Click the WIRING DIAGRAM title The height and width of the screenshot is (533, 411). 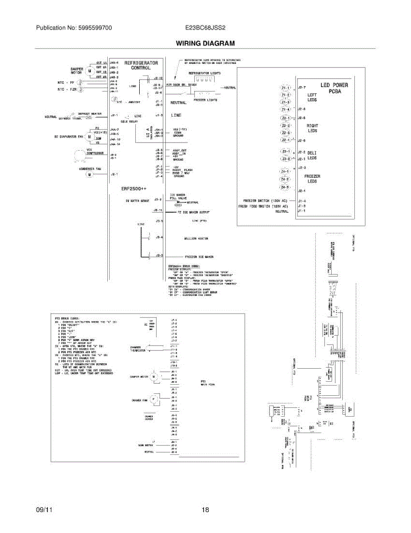tap(205, 44)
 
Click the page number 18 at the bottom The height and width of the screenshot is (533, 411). tap(205, 510)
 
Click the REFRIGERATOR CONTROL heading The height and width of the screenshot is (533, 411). tap(141, 66)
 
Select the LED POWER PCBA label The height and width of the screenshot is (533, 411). tap(334, 88)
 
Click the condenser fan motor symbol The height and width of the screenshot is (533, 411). tap(89, 175)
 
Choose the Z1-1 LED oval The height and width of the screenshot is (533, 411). tap(286, 88)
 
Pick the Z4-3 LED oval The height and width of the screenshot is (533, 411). tap(285, 187)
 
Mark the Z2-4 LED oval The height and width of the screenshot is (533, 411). tap(285, 140)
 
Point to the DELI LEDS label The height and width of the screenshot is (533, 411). tap(312, 155)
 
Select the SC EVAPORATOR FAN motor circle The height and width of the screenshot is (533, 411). tap(90, 136)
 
